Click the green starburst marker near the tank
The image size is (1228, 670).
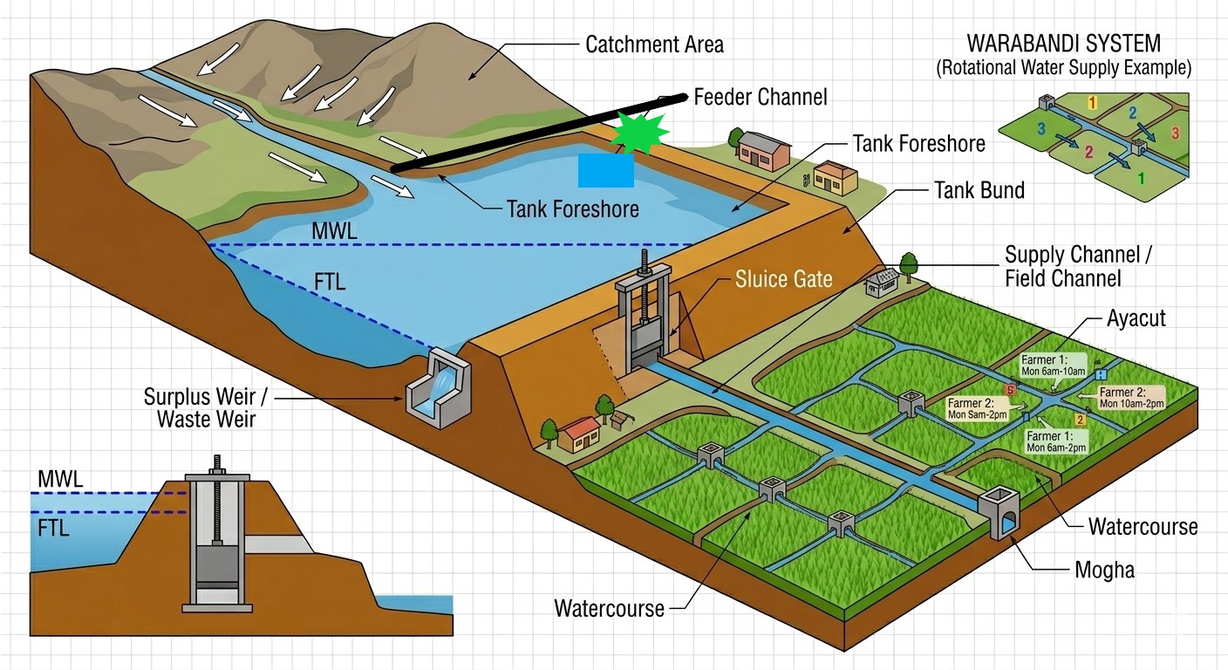(x=638, y=133)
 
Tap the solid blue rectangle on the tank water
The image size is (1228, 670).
(x=605, y=170)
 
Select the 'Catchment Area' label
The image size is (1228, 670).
(x=654, y=44)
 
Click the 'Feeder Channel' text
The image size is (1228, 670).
(x=760, y=96)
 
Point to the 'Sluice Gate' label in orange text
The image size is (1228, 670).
(x=783, y=279)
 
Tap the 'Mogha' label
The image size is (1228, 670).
(x=1104, y=570)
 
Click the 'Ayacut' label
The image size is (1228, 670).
(x=1136, y=318)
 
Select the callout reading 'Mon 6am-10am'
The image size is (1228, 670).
(x=1054, y=366)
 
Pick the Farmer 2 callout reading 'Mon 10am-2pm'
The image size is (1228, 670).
(x=1131, y=398)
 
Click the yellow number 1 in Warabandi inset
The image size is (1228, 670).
(x=1091, y=103)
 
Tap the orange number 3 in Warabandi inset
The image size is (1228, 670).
(x=1175, y=133)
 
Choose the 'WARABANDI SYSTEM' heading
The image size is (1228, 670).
(x=1063, y=44)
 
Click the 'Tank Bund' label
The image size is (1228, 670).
(x=979, y=189)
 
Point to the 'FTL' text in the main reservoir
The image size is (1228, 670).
(x=330, y=283)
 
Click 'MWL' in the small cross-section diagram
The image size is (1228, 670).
(x=60, y=478)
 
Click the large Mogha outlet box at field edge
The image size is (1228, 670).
(x=999, y=515)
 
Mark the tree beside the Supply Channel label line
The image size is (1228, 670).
(x=908, y=263)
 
